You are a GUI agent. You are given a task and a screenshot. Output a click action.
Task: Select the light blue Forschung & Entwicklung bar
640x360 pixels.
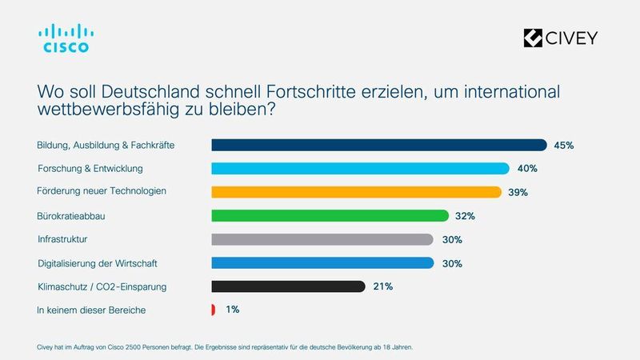pyautogui.click(x=360, y=168)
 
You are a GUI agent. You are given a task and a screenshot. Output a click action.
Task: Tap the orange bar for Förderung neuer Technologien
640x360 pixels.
pyautogui.click(x=356, y=192)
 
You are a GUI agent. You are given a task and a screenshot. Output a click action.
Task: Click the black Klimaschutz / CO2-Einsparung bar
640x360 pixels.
pyautogui.click(x=288, y=286)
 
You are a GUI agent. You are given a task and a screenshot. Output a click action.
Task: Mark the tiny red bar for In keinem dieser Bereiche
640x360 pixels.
pyautogui.click(x=213, y=310)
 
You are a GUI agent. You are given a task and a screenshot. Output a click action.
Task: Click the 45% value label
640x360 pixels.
pyautogui.click(x=563, y=146)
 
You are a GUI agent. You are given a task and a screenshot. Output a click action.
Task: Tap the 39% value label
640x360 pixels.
pyautogui.click(x=518, y=193)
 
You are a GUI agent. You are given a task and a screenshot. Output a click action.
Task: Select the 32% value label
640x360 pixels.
pyautogui.click(x=465, y=216)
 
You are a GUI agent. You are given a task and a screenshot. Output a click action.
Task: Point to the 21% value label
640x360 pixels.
pyautogui.click(x=382, y=286)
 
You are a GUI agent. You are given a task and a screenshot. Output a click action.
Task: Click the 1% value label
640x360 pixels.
pyautogui.click(x=232, y=310)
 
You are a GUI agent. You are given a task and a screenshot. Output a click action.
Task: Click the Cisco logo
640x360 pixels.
pyautogui.click(x=66, y=38)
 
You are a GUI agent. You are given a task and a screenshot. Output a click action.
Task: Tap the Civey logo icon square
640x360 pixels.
pyautogui.click(x=532, y=38)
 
